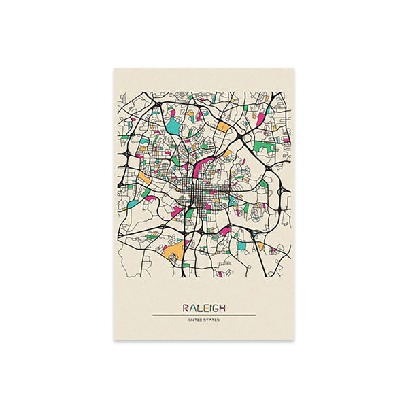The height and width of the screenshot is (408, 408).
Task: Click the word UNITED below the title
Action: (x=197, y=320)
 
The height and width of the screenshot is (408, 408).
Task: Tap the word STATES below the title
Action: (x=211, y=320)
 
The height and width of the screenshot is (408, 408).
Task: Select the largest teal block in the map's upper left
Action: (x=174, y=126)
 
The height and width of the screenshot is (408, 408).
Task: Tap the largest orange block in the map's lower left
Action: (x=174, y=254)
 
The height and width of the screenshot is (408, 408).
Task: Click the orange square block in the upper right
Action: (x=224, y=126)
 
